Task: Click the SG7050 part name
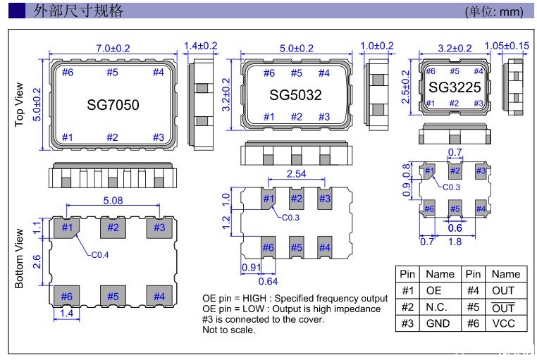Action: [113, 105]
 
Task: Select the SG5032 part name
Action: [296, 94]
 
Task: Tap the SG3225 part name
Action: [455, 87]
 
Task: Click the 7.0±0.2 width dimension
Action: [113, 49]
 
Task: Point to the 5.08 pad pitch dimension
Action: [112, 200]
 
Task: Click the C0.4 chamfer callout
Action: [99, 256]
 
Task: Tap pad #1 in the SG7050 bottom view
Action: [67, 228]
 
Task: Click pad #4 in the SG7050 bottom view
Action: [159, 297]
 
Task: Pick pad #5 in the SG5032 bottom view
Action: [296, 247]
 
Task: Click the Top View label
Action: [20, 105]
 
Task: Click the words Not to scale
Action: [228, 330]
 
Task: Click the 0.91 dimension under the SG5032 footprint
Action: [251, 267]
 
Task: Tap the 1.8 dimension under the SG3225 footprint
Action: [456, 242]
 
